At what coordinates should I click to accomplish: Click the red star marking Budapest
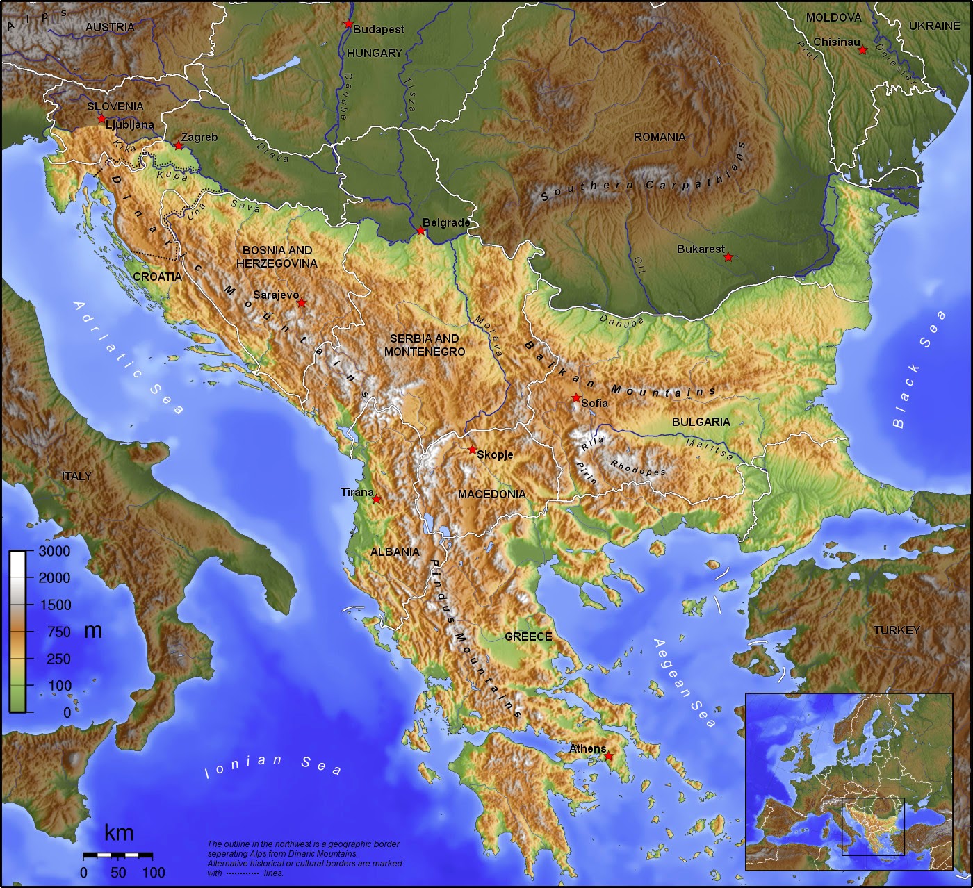348,24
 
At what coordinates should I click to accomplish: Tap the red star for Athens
609,756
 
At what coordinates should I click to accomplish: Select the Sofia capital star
576,397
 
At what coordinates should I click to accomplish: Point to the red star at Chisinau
862,50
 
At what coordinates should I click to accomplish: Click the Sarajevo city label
276,295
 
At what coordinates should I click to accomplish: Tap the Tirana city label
357,492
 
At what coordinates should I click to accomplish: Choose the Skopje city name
496,454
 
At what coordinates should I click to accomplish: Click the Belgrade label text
446,222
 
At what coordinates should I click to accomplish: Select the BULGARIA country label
701,422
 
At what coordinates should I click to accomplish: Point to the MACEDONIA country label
491,494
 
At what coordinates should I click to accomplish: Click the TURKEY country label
897,630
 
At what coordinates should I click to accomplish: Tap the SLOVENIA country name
115,106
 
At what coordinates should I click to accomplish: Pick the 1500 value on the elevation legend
55,605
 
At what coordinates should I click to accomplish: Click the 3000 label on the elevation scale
55,552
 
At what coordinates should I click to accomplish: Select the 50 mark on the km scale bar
118,872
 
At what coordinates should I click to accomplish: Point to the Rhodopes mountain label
637,468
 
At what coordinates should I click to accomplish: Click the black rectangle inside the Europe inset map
873,827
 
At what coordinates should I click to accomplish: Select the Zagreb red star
179,145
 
